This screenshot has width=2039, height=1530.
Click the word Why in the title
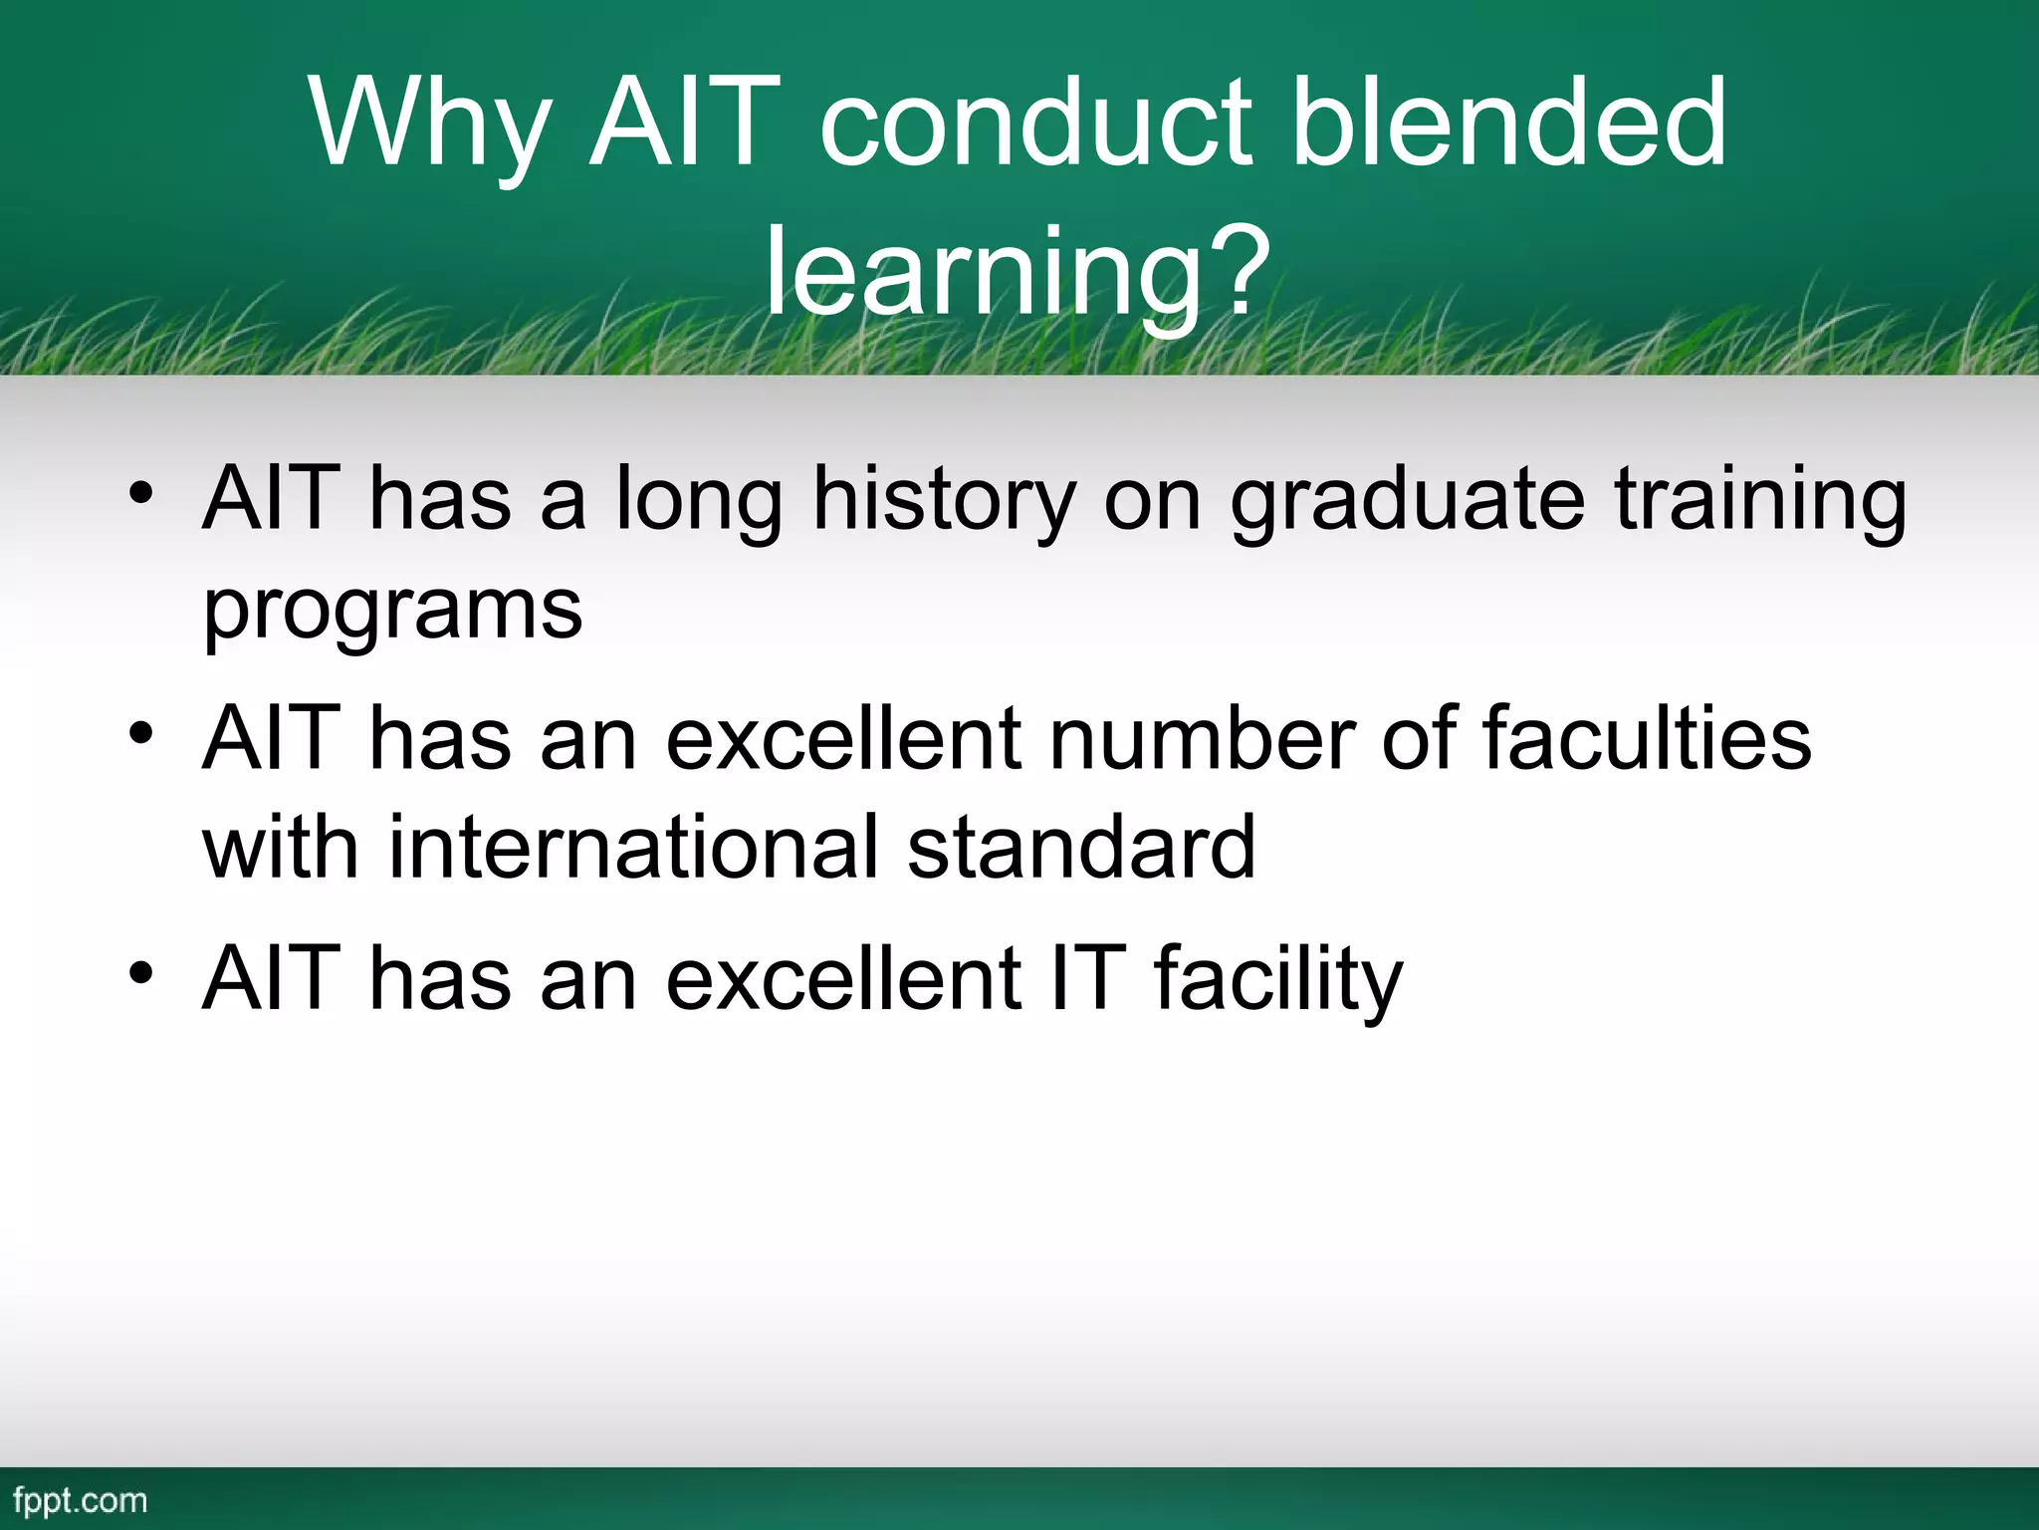click(x=430, y=125)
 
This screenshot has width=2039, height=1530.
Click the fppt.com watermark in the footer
click(x=81, y=1501)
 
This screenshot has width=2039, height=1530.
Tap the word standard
click(x=1081, y=848)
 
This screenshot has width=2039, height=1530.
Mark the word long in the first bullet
click(x=699, y=503)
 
